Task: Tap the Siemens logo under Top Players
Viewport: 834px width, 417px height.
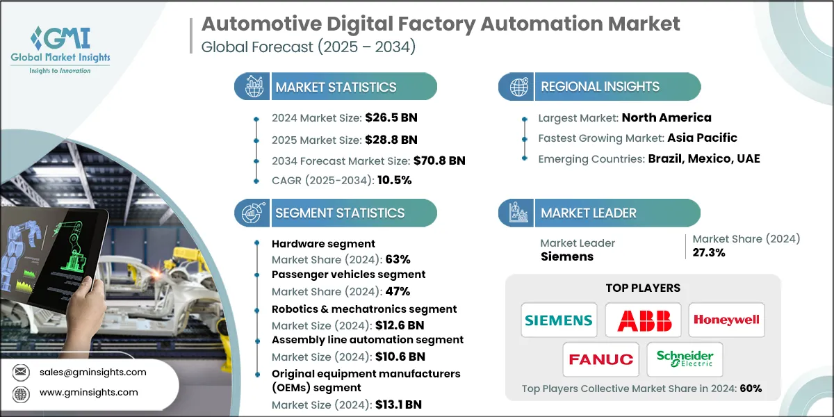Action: click(559, 320)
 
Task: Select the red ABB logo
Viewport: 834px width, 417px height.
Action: click(642, 320)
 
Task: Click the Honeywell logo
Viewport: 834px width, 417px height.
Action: click(726, 320)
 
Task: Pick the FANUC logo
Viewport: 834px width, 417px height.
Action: click(601, 359)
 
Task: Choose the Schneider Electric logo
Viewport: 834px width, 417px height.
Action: click(685, 359)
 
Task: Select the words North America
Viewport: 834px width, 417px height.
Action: click(667, 117)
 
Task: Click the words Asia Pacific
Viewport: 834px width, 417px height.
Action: click(702, 138)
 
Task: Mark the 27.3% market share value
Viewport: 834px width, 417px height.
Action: click(709, 252)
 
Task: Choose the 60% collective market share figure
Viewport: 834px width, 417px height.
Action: click(751, 389)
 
